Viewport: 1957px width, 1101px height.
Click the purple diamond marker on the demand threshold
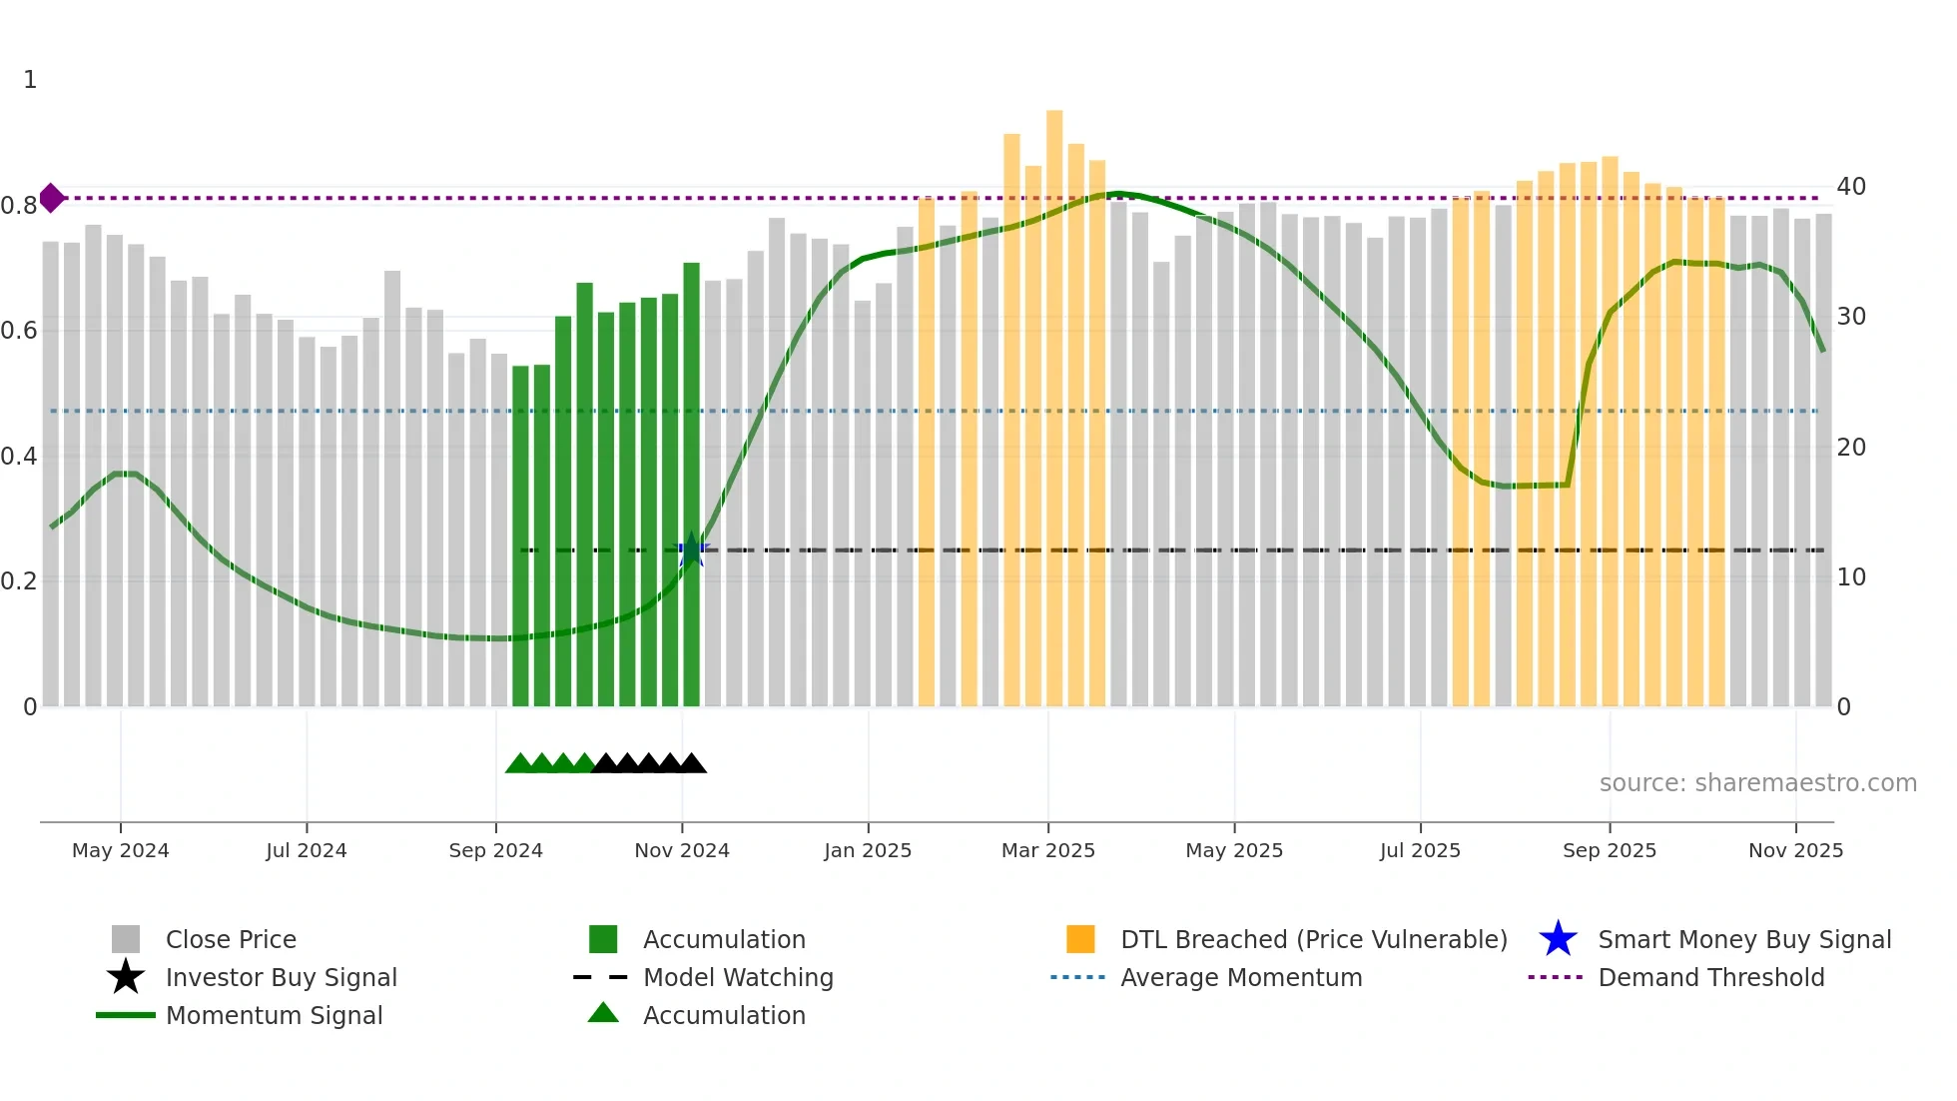52,198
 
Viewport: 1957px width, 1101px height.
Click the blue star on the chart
691,550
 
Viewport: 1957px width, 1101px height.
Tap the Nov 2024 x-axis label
682,850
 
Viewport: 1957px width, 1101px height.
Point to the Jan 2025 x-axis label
868,850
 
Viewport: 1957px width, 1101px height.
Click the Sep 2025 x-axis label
1609,850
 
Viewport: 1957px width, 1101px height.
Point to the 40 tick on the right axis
1850,187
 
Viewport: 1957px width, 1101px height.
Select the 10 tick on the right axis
1850,577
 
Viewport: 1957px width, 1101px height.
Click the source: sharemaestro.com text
1757,783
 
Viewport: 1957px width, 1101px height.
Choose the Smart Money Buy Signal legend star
1558,939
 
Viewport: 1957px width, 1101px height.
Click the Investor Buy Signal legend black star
126,977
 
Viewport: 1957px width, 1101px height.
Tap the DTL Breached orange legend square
1080,939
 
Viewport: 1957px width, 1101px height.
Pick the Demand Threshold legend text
1710,977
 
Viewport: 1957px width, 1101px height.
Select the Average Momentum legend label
1240,977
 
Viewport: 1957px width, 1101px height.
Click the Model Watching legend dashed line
601,977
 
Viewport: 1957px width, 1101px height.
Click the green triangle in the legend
603,1014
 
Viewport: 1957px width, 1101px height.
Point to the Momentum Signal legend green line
126,1015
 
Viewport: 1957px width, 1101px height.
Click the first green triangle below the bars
519,764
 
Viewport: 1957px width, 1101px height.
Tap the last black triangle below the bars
692,764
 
